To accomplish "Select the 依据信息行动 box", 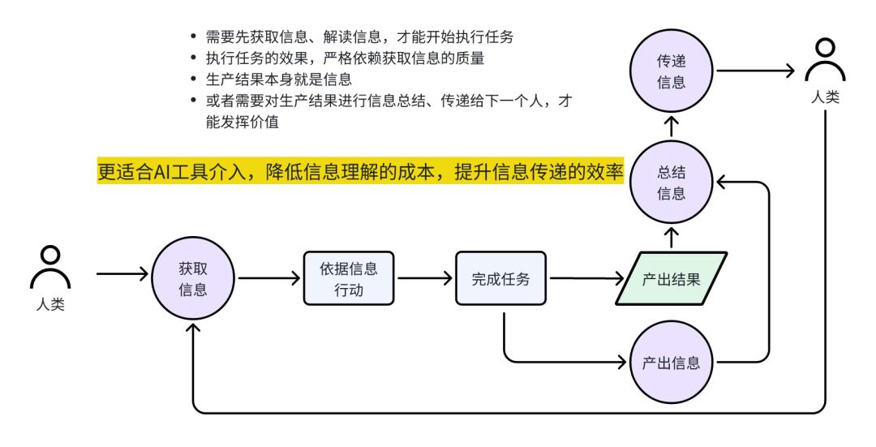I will (350, 278).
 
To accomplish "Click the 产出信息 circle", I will (672, 363).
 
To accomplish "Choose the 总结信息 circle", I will (672, 185).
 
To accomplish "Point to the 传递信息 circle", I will (672, 71).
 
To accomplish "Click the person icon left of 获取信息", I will (49, 268).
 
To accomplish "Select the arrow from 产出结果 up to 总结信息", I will (672, 237).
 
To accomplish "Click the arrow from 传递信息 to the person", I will (754, 71).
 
